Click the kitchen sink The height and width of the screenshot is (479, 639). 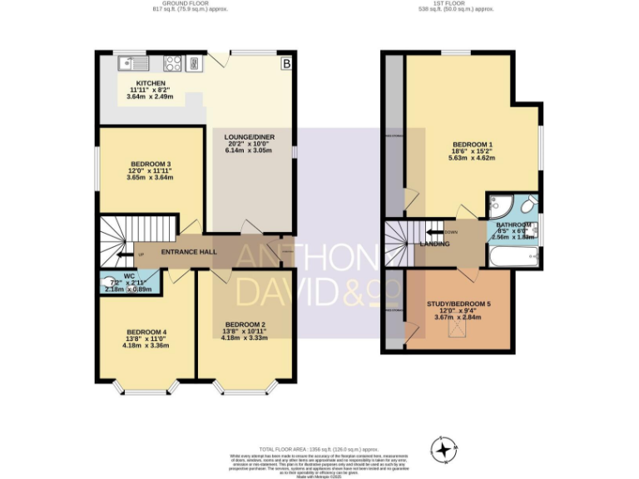133,63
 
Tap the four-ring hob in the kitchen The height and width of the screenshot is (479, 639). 173,63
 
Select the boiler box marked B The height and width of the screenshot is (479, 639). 285,63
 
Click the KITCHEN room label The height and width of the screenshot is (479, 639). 151,83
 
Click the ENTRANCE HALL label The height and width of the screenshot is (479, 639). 189,252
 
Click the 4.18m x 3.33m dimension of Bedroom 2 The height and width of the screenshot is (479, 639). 245,338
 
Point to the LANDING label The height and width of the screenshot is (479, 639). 435,244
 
